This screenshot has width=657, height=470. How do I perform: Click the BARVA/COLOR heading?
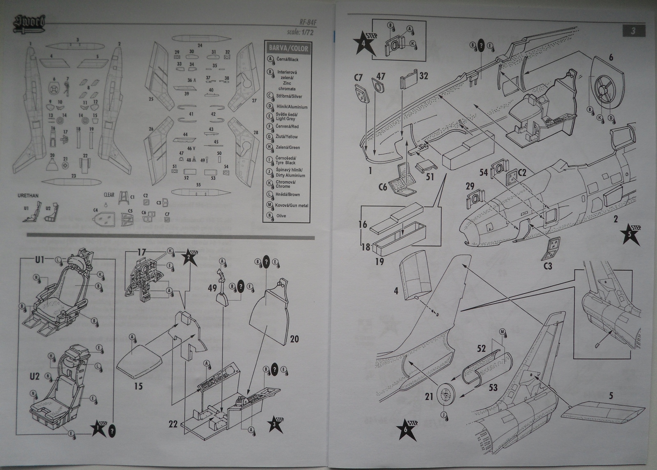[288, 48]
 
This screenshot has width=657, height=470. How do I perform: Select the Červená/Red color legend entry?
[287, 127]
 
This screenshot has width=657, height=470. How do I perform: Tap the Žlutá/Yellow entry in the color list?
[287, 137]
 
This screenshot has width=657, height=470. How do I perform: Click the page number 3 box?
[634, 31]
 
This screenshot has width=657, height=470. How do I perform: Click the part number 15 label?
[138, 386]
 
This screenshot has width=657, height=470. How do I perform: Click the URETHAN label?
[28, 196]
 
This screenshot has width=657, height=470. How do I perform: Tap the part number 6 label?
[611, 58]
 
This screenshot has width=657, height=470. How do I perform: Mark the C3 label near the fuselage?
[547, 266]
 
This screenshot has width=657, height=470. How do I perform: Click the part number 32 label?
[423, 76]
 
